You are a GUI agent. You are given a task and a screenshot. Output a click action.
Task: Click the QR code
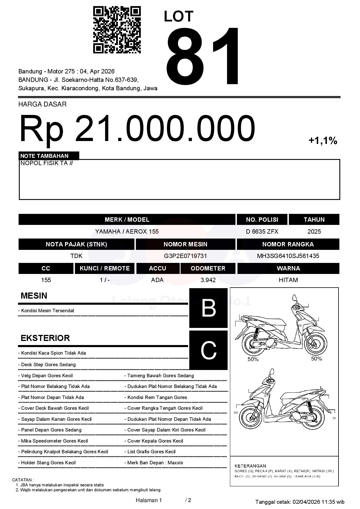[117, 30]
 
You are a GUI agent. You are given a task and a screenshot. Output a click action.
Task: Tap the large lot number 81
[203, 57]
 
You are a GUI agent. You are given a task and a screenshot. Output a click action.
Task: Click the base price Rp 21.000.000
[137, 129]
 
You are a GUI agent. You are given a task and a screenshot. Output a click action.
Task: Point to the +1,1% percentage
[323, 141]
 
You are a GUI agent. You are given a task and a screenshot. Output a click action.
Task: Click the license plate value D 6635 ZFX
[262, 232]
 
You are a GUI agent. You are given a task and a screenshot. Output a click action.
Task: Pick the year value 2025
[314, 232]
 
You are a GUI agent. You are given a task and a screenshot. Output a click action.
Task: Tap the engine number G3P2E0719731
[185, 256]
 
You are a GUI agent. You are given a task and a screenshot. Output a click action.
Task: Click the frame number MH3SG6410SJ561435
[288, 256]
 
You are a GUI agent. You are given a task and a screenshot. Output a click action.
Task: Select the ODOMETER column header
[208, 268]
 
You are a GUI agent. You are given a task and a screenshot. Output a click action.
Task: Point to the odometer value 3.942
[208, 280]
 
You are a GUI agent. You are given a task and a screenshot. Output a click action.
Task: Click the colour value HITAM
[288, 280]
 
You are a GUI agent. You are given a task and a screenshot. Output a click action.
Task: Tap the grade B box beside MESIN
[208, 308]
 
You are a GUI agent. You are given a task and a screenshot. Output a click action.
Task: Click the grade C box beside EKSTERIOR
[208, 350]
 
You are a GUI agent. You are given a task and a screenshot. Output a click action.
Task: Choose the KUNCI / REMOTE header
[105, 268]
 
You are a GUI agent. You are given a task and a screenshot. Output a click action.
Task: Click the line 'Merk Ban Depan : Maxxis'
[155, 463]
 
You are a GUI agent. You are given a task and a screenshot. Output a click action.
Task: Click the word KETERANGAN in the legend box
[250, 466]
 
